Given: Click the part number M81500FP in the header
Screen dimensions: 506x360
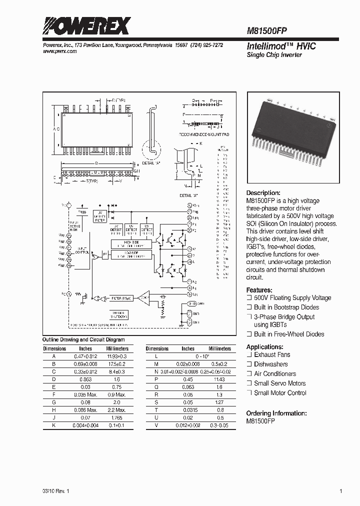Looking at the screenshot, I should click(x=266, y=30).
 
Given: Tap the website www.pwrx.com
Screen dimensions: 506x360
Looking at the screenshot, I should click(x=56, y=51).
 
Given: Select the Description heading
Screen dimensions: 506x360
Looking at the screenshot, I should click(x=263, y=193).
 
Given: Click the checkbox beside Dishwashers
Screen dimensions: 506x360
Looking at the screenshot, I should click(x=249, y=364).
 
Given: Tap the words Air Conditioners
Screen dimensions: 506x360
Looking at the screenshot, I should click(x=274, y=374).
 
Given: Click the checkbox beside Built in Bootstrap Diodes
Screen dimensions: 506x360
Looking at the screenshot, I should click(x=249, y=307).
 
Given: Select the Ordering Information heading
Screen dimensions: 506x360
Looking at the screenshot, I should click(x=276, y=413).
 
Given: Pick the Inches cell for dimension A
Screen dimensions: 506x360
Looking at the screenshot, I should click(x=85, y=355).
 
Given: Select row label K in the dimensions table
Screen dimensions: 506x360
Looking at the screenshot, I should click(x=53, y=425).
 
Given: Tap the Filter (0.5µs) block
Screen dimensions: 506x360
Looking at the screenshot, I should click(x=122, y=298).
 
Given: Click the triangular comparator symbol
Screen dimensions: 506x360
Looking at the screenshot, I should click(x=143, y=298).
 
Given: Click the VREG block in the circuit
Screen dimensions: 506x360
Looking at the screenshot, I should click(x=83, y=212).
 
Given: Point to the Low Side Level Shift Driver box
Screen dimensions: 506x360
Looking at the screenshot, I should click(x=131, y=255).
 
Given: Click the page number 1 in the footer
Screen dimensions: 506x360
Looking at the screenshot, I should click(x=340, y=491).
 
